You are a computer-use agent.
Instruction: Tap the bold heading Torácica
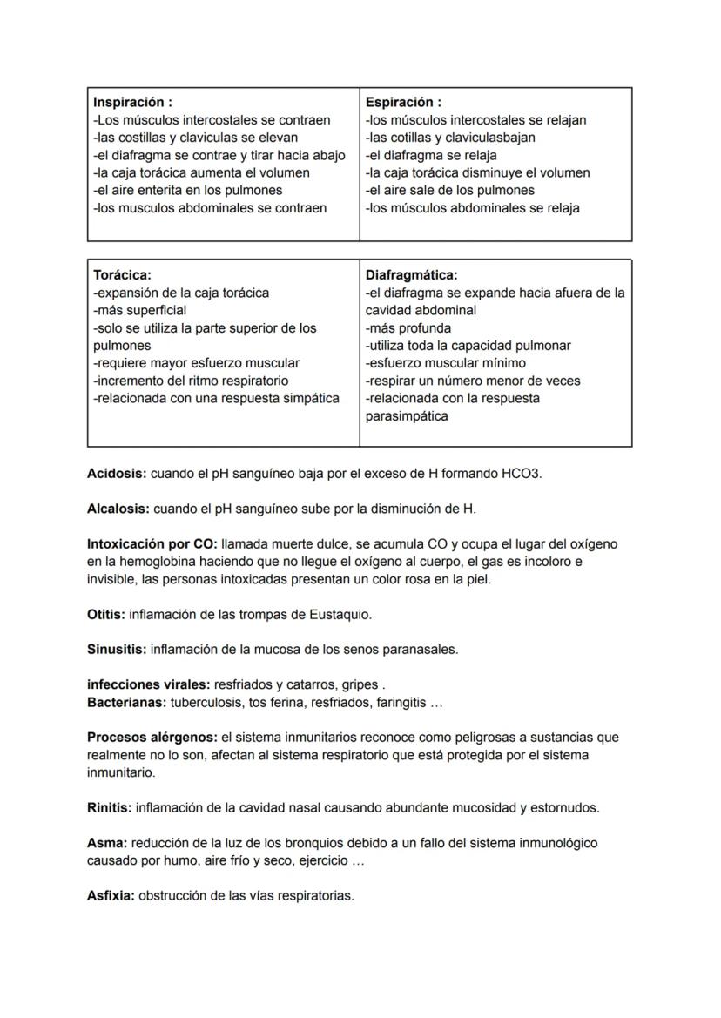click(x=122, y=274)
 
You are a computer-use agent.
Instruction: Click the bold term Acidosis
click(x=117, y=474)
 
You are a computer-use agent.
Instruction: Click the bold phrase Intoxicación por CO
click(x=152, y=543)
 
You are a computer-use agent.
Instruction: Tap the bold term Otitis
click(x=106, y=614)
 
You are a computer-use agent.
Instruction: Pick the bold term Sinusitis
click(x=117, y=649)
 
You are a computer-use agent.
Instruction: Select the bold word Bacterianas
click(x=126, y=702)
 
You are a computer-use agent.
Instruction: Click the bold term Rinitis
click(x=109, y=807)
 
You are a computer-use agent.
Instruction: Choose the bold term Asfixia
click(x=111, y=895)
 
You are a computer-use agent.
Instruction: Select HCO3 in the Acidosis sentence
click(x=521, y=474)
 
